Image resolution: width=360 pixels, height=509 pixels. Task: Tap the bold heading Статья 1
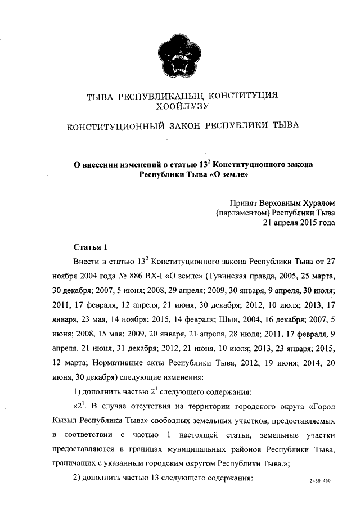tap(90, 247)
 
